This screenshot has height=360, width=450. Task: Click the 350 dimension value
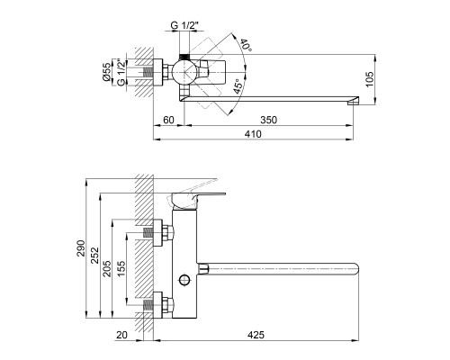click(x=268, y=120)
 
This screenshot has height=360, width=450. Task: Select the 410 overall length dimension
click(x=253, y=134)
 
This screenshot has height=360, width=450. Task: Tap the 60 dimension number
click(x=168, y=120)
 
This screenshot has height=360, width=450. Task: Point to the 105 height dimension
click(x=370, y=79)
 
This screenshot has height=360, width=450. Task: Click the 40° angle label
click(x=246, y=44)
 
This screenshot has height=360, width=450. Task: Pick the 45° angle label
click(x=238, y=86)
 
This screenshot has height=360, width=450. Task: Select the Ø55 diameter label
click(x=107, y=72)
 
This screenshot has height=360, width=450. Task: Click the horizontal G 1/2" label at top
click(x=184, y=25)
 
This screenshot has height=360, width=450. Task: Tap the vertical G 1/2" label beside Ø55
click(x=121, y=72)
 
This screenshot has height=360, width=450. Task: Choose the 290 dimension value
click(x=81, y=248)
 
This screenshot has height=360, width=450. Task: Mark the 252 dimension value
click(x=94, y=255)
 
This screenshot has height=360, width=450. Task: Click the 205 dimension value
click(x=107, y=268)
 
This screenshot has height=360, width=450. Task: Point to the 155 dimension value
click(x=121, y=268)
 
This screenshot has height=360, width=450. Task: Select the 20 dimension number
click(x=121, y=335)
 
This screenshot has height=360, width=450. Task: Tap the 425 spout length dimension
click(x=256, y=335)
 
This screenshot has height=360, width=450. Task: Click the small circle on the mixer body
click(x=184, y=280)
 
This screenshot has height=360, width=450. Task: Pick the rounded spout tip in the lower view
click(x=355, y=269)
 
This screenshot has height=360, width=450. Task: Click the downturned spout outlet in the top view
click(x=353, y=101)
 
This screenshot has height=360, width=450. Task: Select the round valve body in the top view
click(x=184, y=72)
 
